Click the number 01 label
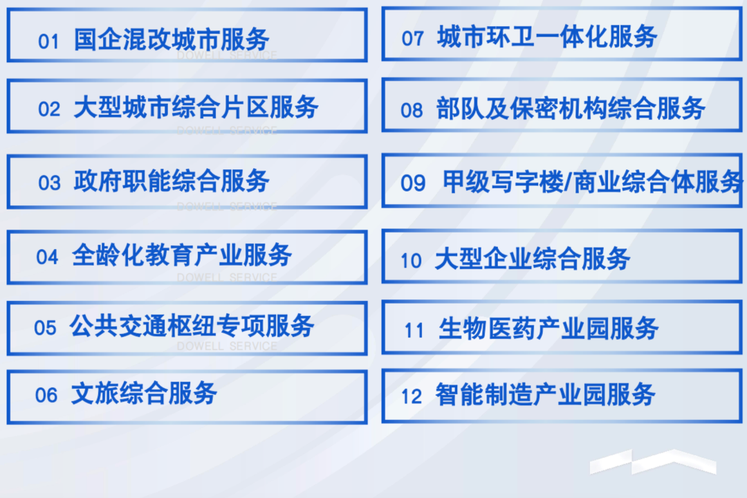(48, 42)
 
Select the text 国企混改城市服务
(172, 39)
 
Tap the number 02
(49, 109)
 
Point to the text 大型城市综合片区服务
(196, 107)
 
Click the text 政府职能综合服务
(172, 181)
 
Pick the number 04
(47, 257)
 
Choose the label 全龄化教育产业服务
(182, 255)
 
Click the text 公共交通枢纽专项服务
(192, 326)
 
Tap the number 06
(46, 396)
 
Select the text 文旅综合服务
(145, 393)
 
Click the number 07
(412, 39)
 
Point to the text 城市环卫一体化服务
(547, 37)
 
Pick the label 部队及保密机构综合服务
(571, 109)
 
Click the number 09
(413, 183)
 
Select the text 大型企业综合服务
(533, 259)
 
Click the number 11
(414, 331)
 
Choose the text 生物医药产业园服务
(548, 329)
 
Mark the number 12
(412, 397)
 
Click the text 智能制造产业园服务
(546, 394)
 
